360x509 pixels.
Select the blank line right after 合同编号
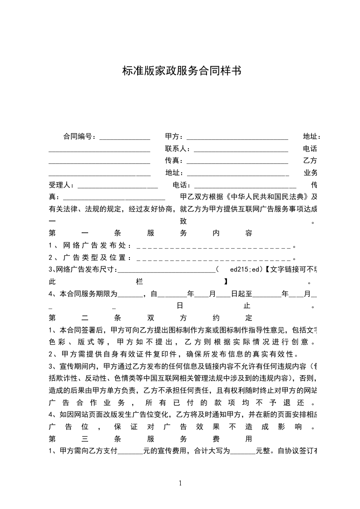click(x=124, y=137)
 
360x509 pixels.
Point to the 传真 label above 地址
click(x=174, y=161)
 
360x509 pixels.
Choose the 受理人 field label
click(x=61, y=185)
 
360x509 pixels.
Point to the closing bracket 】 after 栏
click(x=226, y=282)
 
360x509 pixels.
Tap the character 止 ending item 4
click(x=247, y=306)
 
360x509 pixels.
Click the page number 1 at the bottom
click(x=181, y=483)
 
